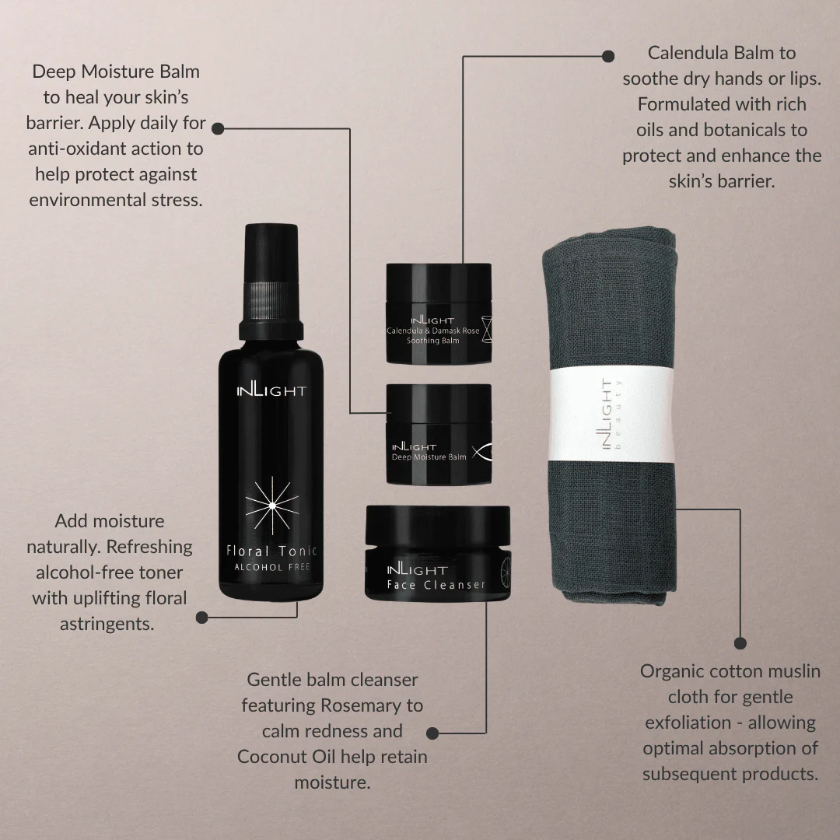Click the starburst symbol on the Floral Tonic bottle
coord(272,506)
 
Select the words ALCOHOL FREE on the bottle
coord(272,567)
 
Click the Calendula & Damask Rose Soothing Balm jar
coord(439,313)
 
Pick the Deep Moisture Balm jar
coord(439,434)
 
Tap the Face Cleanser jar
coord(438,554)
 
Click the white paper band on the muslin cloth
coord(611,414)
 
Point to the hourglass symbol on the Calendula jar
coord(486,329)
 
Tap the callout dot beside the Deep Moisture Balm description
coord(218,128)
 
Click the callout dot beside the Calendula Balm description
coord(608,56)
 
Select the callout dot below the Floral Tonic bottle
coord(202,618)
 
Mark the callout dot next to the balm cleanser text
coord(432,733)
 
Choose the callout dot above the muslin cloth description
coord(740,643)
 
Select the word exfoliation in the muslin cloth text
coord(688,723)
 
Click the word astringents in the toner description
coord(107,625)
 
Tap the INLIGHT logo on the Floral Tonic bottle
coord(271,390)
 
